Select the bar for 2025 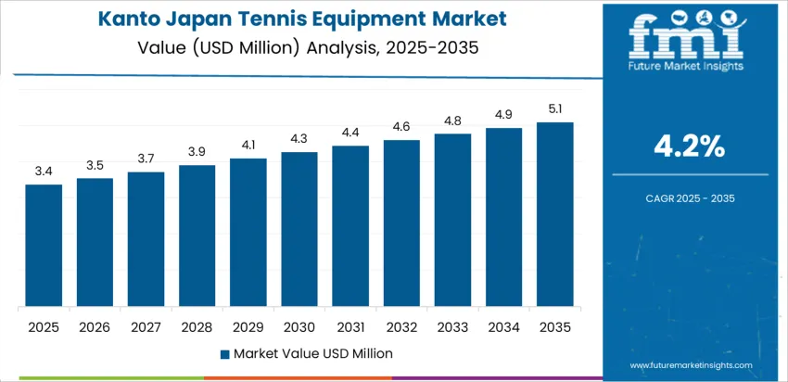(44, 246)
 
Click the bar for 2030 (299, 229)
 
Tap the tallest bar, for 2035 (554, 214)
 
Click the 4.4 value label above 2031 (350, 133)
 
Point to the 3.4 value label (44, 172)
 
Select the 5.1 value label (554, 109)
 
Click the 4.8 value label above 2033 (452, 121)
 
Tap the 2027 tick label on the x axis (146, 327)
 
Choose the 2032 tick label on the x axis (401, 327)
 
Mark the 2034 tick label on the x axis (503, 327)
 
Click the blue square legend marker (224, 353)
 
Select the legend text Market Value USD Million (312, 353)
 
